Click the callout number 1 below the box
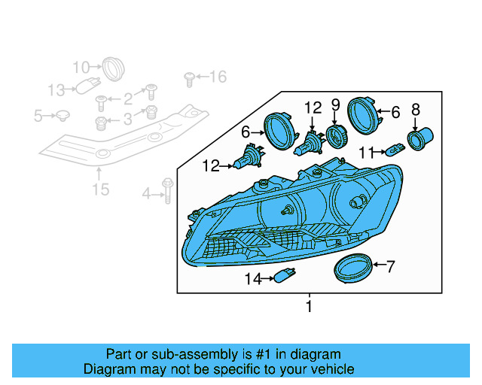pos(308,306)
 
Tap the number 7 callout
pos(390,265)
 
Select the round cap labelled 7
pos(352,267)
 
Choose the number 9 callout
pos(336,105)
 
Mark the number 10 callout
pos(81,68)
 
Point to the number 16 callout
pos(217,76)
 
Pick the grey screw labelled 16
pos(189,77)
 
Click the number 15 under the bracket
pos(100,189)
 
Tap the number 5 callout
pos(38,116)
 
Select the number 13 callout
pos(57,90)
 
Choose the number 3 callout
pos(127,118)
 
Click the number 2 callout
pos(127,98)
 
